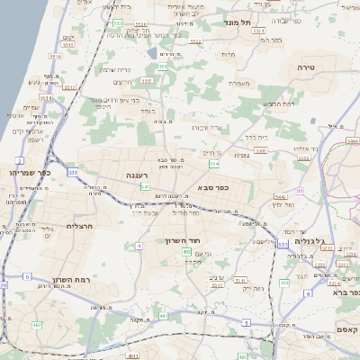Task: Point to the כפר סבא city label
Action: point(212,188)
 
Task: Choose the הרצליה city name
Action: point(80,226)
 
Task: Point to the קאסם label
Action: point(346,330)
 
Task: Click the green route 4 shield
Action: point(139,245)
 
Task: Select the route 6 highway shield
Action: point(308,292)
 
